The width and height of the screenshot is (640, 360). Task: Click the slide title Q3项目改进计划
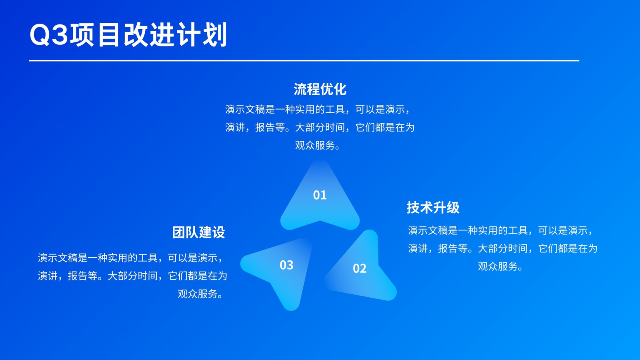128,34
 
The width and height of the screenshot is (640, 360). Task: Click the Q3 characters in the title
49,34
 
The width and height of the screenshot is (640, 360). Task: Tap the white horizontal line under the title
304,60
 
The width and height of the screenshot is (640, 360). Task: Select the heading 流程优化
320,89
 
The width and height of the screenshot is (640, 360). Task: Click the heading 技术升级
433,208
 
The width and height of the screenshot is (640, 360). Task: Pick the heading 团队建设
198,232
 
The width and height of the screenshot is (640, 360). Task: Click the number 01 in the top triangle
320,195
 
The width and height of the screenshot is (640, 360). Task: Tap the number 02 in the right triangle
360,268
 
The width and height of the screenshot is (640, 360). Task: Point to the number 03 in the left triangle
286,265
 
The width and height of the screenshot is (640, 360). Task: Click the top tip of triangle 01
320,160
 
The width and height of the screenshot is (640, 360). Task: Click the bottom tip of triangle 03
291,310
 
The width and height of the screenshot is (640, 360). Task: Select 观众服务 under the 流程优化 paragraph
315,146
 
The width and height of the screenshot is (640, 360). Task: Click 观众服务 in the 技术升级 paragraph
498,266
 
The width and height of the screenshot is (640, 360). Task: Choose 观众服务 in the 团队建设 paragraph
198,294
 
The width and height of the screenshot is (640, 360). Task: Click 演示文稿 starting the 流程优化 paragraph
245,109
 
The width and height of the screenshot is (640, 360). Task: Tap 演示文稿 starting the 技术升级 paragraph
428,230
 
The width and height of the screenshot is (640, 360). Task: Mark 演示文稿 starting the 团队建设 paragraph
58,258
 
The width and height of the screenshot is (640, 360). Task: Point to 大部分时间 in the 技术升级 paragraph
502,248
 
